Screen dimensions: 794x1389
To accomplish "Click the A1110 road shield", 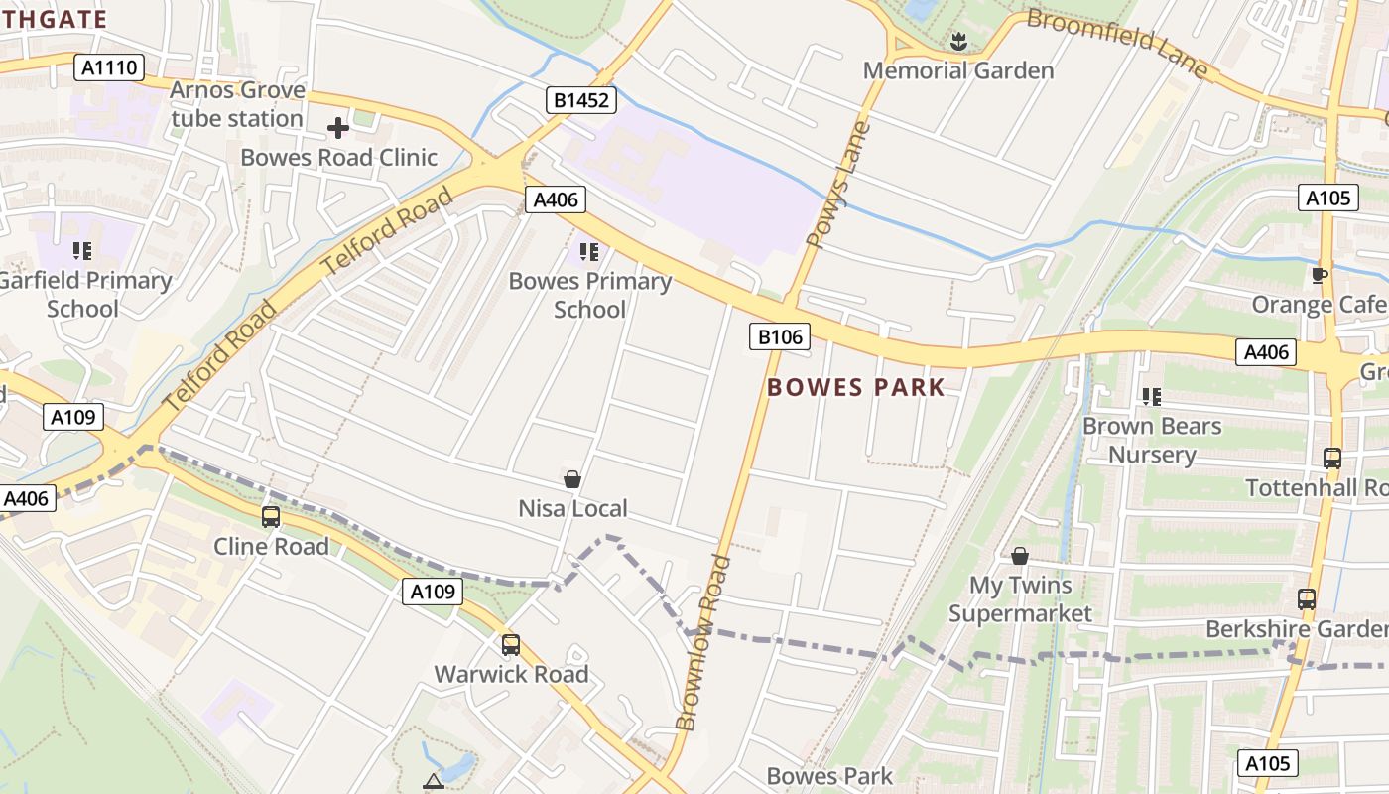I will coord(110,67).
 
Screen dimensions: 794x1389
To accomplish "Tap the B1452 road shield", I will coord(581,99).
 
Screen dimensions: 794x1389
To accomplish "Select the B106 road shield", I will coord(779,337).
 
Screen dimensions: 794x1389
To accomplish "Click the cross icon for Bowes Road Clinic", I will coord(338,127).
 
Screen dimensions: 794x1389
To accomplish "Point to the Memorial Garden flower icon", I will coord(958,42).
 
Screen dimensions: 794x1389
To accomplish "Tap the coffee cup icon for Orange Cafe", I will coord(1319,275).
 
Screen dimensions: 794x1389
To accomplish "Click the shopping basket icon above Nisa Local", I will coord(572,479).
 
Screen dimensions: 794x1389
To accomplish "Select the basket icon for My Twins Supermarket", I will coord(1019,556).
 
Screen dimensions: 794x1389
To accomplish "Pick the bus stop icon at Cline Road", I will coord(271,516).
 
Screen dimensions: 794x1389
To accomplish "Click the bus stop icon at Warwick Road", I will coord(511,644).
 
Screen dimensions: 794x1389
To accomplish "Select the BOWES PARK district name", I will coord(856,387).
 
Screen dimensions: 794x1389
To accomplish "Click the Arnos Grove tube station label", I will coord(237,104).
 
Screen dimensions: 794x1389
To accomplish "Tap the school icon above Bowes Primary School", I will coord(589,252).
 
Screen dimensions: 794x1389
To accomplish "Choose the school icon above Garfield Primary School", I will coord(82,251).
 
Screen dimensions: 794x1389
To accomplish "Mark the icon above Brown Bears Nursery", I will coord(1151,397).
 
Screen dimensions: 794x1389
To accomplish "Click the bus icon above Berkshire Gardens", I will coord(1307,599).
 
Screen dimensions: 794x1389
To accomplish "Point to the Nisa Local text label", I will coord(572,509).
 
